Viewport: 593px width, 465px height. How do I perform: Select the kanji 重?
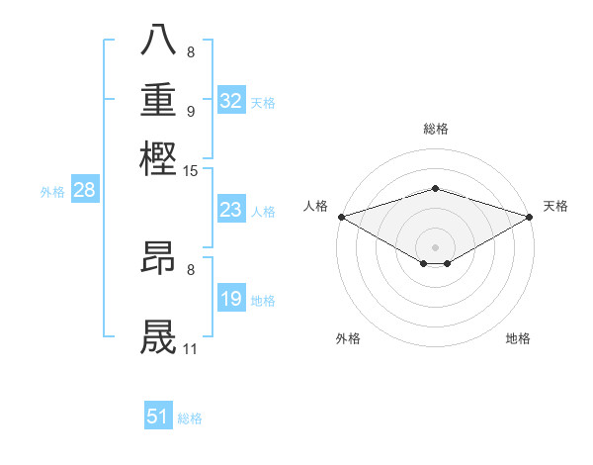tap(158, 101)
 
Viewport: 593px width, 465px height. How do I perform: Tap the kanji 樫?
tap(158, 158)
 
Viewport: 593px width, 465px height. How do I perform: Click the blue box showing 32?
tap(231, 101)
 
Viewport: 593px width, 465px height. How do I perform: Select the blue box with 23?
tap(231, 211)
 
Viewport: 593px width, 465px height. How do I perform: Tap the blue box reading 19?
tap(231, 300)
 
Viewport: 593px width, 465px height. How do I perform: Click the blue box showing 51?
tap(158, 417)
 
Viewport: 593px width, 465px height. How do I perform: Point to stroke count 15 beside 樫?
tap(191, 171)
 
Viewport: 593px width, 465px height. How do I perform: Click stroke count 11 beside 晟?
tap(191, 348)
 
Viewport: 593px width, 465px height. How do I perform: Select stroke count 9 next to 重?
tap(191, 111)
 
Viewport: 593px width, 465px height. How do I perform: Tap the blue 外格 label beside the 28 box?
tap(52, 192)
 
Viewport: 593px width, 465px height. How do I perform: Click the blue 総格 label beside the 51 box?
tap(190, 418)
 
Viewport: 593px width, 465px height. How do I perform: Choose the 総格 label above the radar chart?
tap(435, 129)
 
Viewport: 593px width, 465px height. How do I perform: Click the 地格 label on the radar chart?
tap(518, 338)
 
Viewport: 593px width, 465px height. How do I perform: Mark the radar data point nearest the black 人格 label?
tap(341, 217)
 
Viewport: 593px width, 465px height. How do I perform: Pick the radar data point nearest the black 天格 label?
tap(530, 217)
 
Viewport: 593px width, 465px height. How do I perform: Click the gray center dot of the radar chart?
tap(435, 246)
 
